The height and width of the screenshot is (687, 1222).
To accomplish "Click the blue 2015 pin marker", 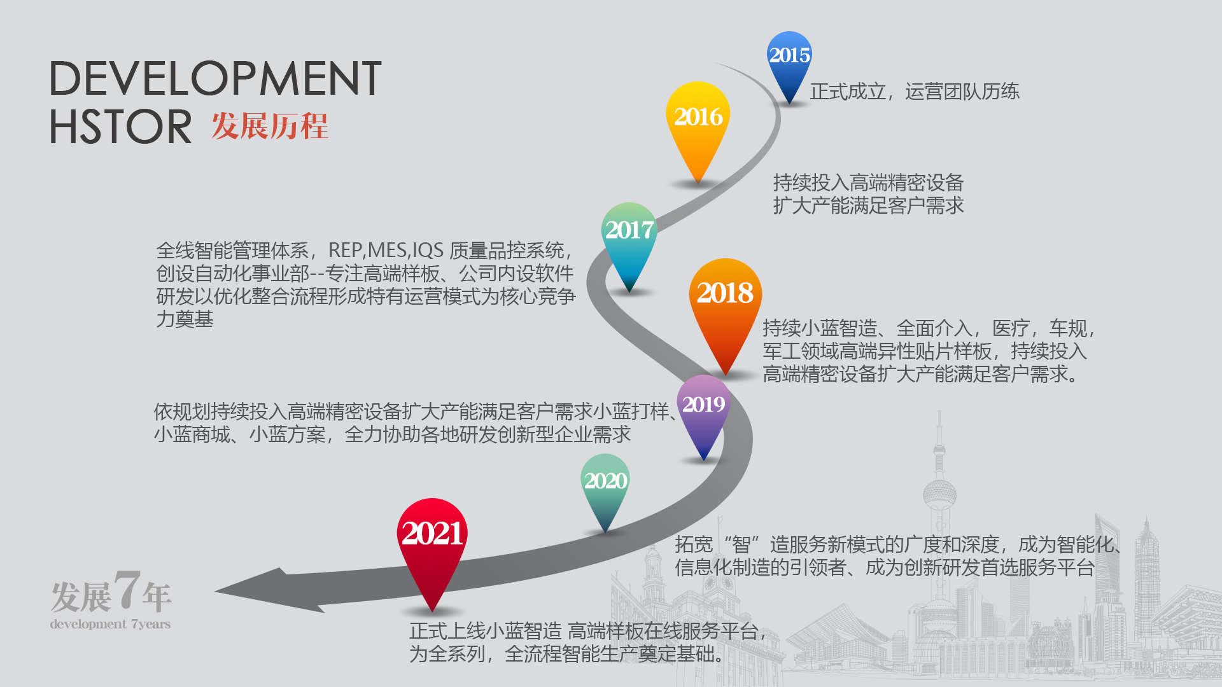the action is pos(789,64).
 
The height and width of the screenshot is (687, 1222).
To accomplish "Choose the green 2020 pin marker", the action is pos(605,487).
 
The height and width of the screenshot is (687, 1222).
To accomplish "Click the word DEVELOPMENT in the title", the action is pos(216,79).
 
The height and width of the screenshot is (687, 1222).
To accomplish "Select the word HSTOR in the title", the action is pos(120,126).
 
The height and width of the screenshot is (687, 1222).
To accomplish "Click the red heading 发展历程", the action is pos(270,125).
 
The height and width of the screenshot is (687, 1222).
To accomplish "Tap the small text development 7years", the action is pos(110,624).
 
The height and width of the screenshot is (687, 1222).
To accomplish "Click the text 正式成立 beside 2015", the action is pos(848,92).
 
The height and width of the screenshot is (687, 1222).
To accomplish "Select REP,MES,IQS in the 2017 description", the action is pos(386,251).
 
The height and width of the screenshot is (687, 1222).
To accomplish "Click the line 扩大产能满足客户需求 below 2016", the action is pos(868,205).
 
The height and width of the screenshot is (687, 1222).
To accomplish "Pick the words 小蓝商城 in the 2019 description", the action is pos(192,434).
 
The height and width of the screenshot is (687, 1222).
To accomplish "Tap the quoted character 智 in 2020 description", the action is pos(741,545).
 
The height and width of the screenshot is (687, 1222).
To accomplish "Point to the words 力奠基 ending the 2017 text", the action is pos(185,319).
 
